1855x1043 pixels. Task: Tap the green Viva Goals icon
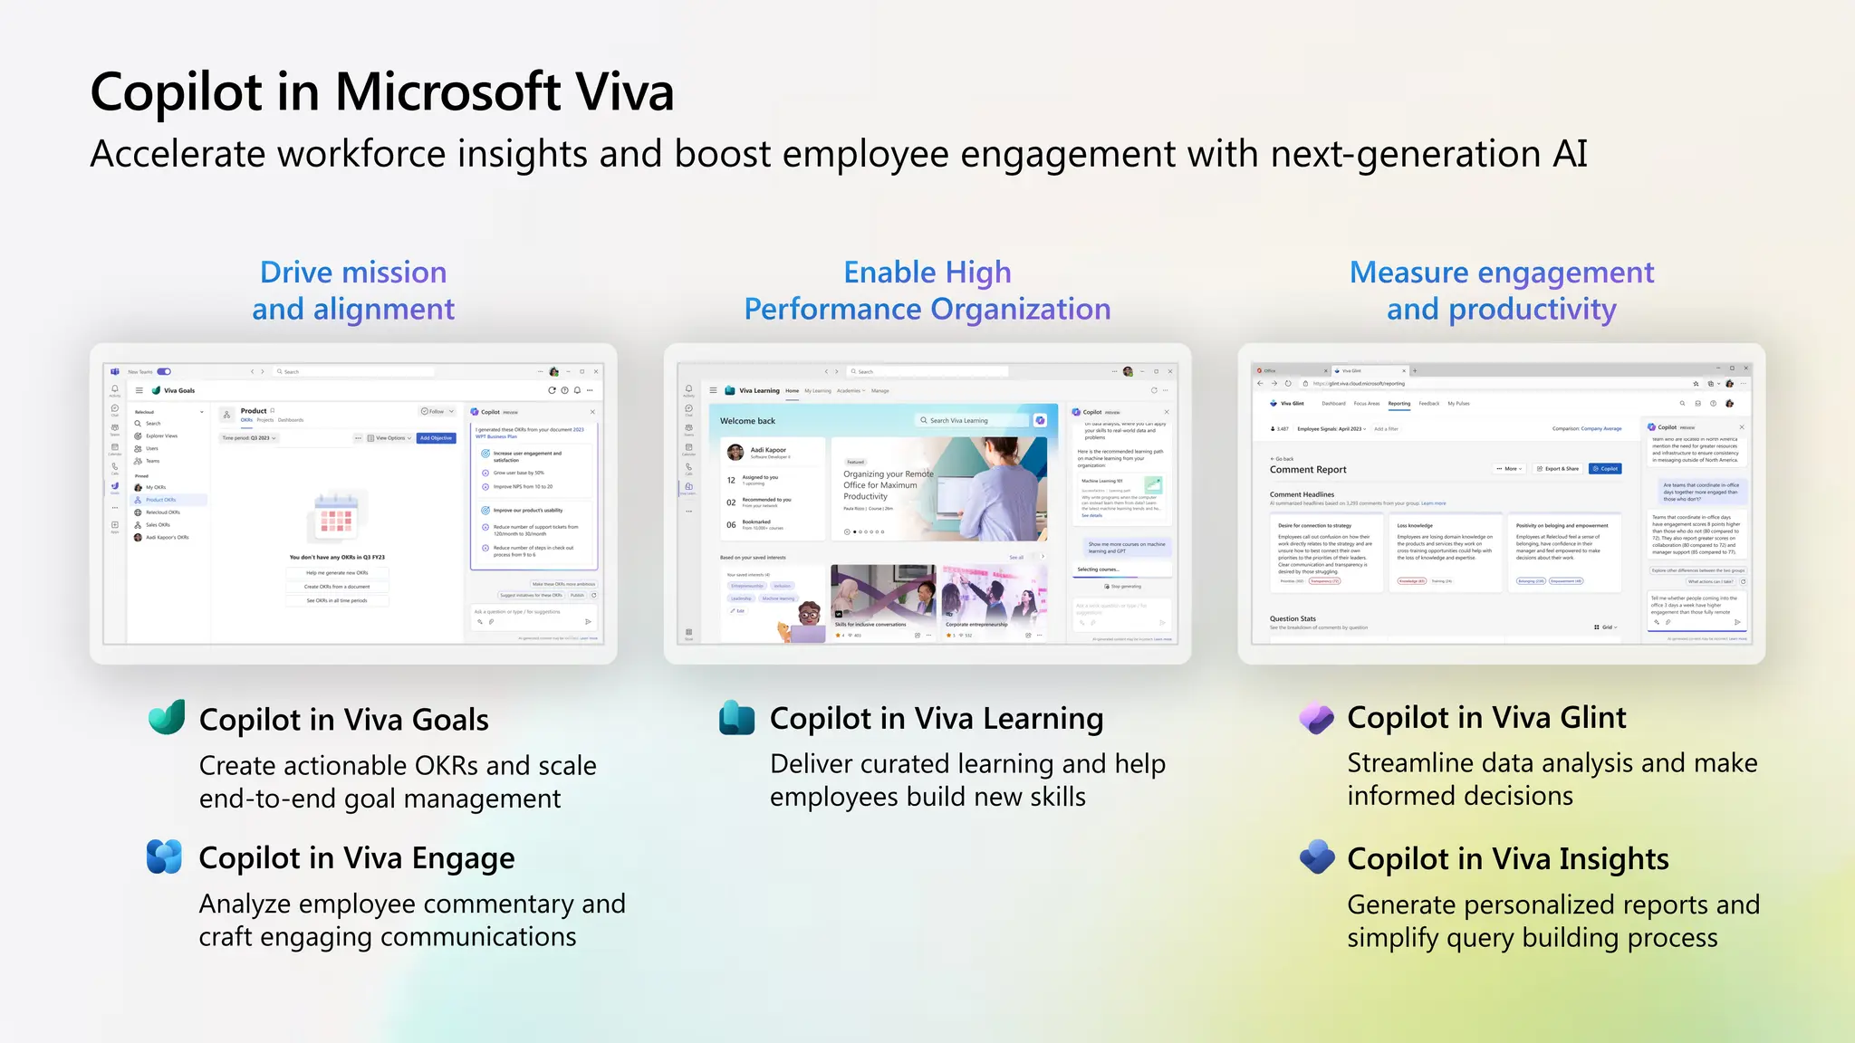[x=167, y=718]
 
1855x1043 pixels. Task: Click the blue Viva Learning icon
[x=736, y=717]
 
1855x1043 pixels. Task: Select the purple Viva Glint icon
[x=1316, y=718]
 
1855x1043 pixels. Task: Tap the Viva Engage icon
[x=165, y=856]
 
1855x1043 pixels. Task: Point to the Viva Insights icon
[x=1317, y=856]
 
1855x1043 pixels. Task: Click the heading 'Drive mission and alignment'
[x=353, y=291]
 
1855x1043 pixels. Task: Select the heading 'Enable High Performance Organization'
[x=927, y=291]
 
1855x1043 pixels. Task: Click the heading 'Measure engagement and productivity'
[x=1501, y=291]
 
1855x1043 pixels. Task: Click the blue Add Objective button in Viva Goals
[x=436, y=438]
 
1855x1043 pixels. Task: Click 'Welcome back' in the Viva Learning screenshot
[x=747, y=421]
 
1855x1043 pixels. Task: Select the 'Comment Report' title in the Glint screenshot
[x=1307, y=470]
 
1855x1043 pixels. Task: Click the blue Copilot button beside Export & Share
[x=1605, y=469]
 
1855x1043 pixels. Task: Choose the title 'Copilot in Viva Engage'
[x=357, y=858]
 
